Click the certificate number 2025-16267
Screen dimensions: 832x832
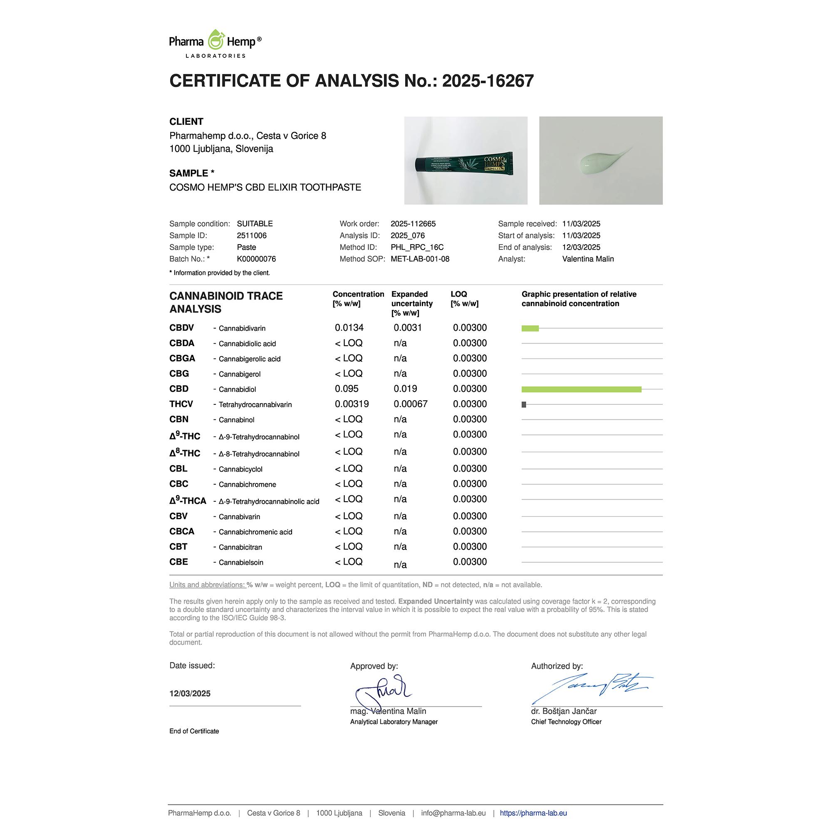[488, 81]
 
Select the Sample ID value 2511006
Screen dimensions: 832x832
[252, 235]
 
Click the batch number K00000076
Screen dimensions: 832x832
[256, 259]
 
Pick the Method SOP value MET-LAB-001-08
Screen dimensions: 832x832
[420, 259]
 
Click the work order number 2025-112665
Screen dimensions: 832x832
[413, 224]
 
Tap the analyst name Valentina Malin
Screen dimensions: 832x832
[588, 259]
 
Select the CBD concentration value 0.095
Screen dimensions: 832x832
[347, 389]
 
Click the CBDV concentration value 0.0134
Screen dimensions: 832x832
[349, 328]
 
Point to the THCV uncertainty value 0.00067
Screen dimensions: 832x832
[411, 404]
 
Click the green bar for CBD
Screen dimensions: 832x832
[582, 389]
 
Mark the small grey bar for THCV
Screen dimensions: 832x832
[524, 404]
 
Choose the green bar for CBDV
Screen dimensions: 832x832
[530, 329]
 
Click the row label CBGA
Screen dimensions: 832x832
[182, 358]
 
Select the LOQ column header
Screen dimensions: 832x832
[458, 294]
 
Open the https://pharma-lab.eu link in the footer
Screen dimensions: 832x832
[533, 813]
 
